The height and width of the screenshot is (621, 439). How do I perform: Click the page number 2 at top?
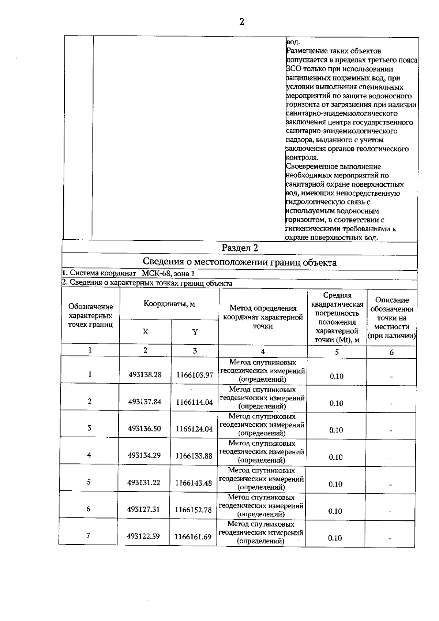(x=241, y=22)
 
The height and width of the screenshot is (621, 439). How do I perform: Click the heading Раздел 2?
(x=240, y=248)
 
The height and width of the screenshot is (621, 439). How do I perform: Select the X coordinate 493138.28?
(x=145, y=375)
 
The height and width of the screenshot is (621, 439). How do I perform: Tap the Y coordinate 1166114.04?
(x=194, y=402)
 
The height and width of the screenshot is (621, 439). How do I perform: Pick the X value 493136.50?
(x=144, y=429)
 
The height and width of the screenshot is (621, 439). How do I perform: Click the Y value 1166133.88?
(x=194, y=456)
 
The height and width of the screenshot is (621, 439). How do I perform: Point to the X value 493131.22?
(x=144, y=483)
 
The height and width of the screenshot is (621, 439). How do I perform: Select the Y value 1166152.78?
(x=193, y=510)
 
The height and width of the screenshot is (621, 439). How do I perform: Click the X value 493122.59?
(x=143, y=536)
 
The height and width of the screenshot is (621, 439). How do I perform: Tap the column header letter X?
(x=146, y=332)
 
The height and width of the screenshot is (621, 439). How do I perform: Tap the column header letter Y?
(x=195, y=332)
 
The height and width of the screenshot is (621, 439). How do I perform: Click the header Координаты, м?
(x=169, y=304)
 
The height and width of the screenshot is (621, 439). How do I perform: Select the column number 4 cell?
(x=263, y=352)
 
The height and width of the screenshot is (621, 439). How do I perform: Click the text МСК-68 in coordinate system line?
(x=155, y=273)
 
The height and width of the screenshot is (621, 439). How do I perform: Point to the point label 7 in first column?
(x=88, y=535)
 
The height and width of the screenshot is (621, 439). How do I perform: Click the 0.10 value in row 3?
(x=336, y=430)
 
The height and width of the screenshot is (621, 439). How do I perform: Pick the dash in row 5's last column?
(x=390, y=485)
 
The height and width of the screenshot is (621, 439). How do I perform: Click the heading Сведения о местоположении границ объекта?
(x=240, y=262)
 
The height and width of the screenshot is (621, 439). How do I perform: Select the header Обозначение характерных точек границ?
(x=90, y=315)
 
